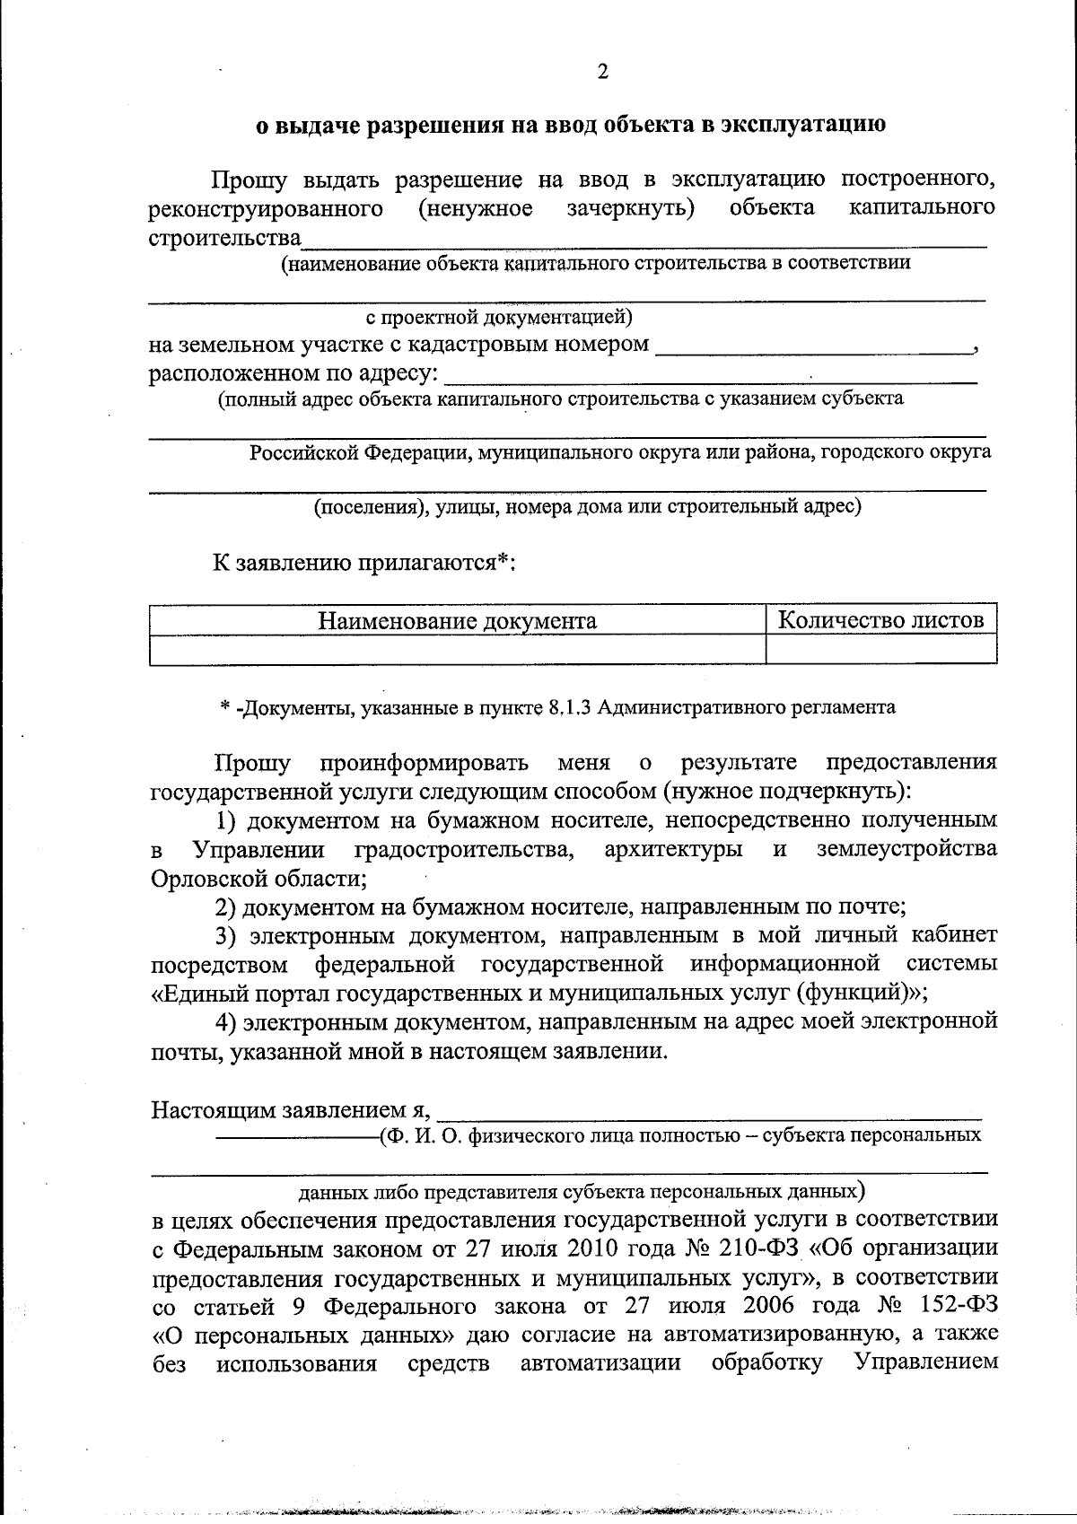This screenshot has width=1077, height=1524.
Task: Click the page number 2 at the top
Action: coord(602,73)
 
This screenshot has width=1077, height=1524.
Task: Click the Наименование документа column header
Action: coord(457,620)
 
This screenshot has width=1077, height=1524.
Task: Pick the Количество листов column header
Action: coord(880,619)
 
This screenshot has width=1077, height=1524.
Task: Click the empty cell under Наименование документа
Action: coord(457,649)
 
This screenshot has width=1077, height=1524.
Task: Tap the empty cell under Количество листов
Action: coord(880,649)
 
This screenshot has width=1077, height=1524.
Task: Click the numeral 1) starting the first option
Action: coord(228,820)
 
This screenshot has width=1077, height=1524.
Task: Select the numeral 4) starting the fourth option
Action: coord(228,1021)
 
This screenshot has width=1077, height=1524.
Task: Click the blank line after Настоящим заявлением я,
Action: coord(709,1112)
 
